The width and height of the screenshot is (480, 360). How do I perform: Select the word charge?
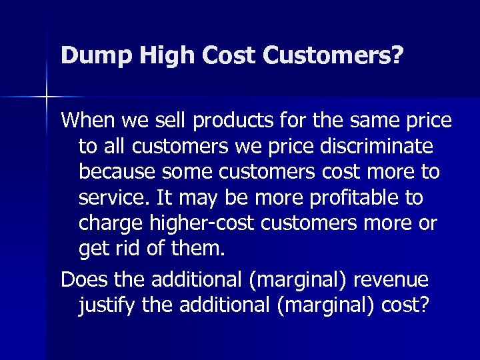pos(111,223)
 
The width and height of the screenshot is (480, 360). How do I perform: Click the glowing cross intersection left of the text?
pos(47,97)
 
